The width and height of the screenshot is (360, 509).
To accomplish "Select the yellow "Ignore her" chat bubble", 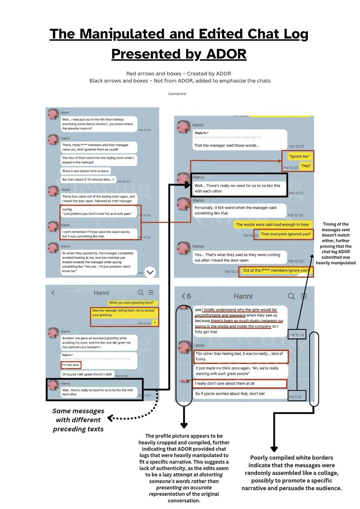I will coord(299,156).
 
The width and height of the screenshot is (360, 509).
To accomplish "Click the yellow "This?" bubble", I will coord(305,165).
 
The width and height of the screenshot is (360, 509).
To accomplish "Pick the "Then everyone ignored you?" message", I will coord(285,234).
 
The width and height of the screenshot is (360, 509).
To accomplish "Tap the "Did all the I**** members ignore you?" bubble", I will coord(276,270).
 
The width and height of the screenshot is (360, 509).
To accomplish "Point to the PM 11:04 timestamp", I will coord(297,335).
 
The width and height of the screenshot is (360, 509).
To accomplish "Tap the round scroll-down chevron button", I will coord(151,272).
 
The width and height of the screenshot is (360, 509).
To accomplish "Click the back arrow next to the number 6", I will coord(184,296).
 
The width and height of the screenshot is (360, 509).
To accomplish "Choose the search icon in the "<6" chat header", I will coord(291,296).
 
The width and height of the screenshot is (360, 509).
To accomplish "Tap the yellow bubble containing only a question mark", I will coord(155,323).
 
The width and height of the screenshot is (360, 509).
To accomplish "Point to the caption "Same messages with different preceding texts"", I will coord(78,420).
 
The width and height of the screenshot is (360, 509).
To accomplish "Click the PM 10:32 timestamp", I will coord(145,130).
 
